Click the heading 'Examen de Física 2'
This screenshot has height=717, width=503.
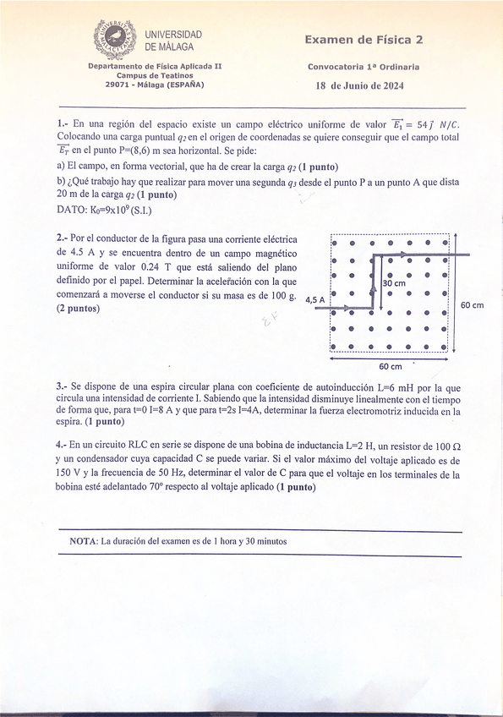tap(364, 40)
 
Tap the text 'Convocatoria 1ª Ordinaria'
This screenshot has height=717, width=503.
tap(364, 66)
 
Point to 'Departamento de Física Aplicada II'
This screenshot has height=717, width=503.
tap(155, 66)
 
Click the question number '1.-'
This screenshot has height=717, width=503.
tap(63, 123)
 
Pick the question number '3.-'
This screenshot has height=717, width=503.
tap(63, 385)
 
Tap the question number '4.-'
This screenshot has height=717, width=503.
tap(63, 444)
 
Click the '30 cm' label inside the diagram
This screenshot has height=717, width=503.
tap(394, 284)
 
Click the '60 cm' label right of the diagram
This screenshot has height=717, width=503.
tap(472, 305)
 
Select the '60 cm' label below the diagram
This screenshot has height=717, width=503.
tap(390, 367)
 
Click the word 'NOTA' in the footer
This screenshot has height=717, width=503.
tap(83, 540)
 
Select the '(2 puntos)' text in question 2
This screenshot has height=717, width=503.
tap(78, 309)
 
